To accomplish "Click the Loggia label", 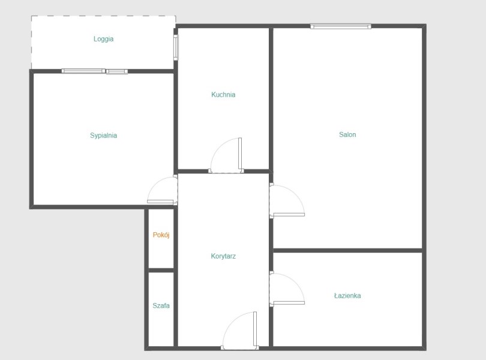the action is click(x=104, y=39).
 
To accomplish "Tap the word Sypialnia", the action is click(x=104, y=136).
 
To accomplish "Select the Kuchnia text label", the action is click(x=223, y=95).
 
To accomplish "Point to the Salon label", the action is click(x=347, y=134).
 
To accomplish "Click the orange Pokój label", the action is click(x=161, y=235).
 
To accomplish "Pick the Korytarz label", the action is click(x=223, y=256).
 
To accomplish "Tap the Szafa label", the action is click(x=161, y=306).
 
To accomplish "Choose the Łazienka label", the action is click(x=347, y=296).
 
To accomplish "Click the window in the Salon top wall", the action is click(x=341, y=26).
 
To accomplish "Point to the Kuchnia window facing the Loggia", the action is click(x=176, y=47).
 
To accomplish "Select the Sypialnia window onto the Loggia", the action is click(x=95, y=71).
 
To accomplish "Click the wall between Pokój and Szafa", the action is click(x=161, y=270).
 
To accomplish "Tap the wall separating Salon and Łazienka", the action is click(x=347, y=250).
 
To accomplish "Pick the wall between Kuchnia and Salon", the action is click(x=271, y=99).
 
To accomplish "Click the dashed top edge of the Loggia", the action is click(x=104, y=16).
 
